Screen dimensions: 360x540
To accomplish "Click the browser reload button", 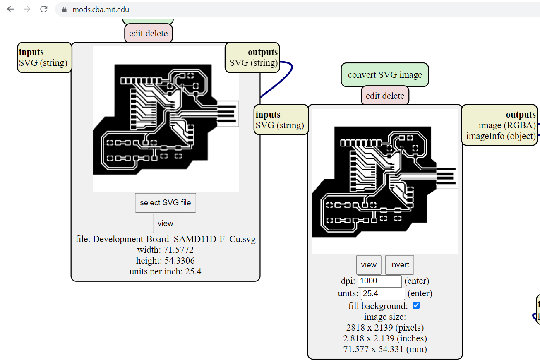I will point(44,9).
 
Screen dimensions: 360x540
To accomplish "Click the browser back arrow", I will point(10,9).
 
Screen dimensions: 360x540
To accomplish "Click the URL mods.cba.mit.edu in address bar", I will point(101,9).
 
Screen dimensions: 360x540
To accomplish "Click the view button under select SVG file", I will point(166,223).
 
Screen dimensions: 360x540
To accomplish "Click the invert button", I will point(399,265).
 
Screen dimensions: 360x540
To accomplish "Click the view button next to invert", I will point(369,265).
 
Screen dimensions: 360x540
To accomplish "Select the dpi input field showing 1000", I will point(379,281).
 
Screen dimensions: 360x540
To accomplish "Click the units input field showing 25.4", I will point(383,294).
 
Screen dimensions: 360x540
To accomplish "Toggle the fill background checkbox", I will point(416,306).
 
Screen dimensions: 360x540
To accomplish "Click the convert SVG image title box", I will point(385,75).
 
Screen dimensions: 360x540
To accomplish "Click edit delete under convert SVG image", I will point(385,96).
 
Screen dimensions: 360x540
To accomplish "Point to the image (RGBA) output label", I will point(507,125).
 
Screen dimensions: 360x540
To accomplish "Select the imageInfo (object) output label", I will point(501,136).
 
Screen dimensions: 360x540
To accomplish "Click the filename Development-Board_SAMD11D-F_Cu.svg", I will point(166,240).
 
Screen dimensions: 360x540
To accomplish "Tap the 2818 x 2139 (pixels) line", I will point(385,328).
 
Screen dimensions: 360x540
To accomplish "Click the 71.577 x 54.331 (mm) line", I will point(385,349).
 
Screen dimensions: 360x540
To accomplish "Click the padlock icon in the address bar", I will point(64,10).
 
